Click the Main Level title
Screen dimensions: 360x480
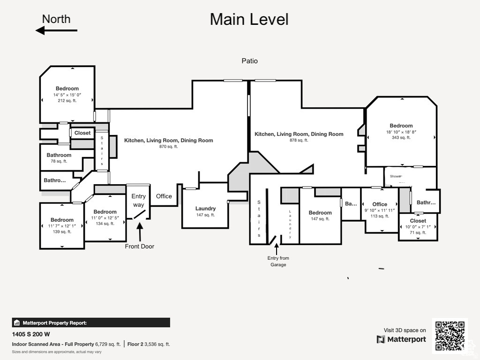[x=249, y=20]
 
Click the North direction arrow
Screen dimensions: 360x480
[x=56, y=30]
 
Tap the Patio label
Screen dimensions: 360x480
[x=249, y=61]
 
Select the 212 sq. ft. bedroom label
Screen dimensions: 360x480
[x=67, y=89]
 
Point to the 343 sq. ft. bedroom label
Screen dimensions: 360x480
[x=401, y=126]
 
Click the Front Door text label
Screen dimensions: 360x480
[x=139, y=246]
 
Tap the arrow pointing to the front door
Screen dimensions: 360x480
[x=139, y=232]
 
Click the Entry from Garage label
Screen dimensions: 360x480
[x=278, y=261]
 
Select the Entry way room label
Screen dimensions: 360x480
[x=138, y=200]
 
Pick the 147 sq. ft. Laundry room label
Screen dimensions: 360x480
[x=205, y=209]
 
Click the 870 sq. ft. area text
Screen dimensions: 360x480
[x=168, y=147]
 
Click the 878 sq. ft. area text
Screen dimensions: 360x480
[x=299, y=140]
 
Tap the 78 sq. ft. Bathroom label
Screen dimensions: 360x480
[x=59, y=155]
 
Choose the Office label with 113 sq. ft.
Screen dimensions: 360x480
[x=380, y=204]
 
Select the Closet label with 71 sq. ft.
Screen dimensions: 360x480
[x=418, y=221]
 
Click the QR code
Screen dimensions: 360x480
[x=450, y=335]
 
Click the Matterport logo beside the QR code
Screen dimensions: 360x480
[x=401, y=339]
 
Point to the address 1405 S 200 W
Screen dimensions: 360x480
[x=31, y=334]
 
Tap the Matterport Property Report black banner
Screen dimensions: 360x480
[x=91, y=322]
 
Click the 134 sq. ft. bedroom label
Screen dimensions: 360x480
[x=105, y=212]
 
